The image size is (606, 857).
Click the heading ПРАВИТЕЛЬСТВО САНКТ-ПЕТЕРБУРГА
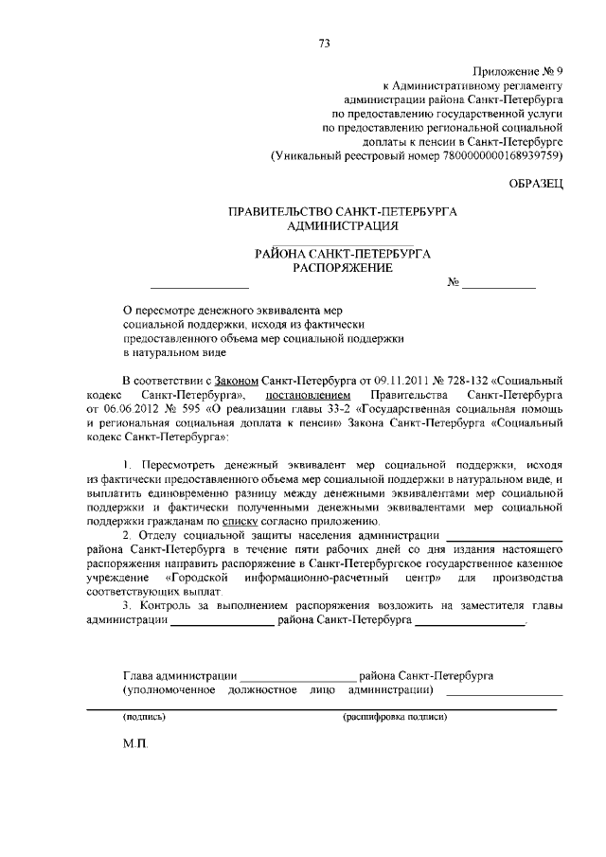pos(343,212)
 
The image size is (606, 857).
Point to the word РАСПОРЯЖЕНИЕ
pos(342,268)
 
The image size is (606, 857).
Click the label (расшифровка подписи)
pos(395,717)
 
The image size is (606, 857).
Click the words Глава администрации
pos(180,675)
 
